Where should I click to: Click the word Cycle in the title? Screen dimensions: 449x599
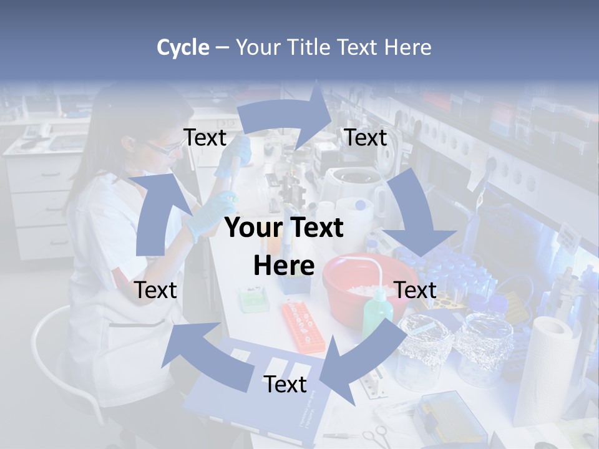pyautogui.click(x=183, y=47)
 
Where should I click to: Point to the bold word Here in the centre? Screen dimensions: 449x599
pyautogui.click(x=283, y=266)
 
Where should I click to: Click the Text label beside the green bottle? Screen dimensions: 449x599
pyautogui.click(x=415, y=290)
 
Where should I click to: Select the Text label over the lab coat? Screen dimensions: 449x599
pyautogui.click(x=155, y=290)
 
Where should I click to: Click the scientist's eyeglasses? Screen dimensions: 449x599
pyautogui.click(x=163, y=148)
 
